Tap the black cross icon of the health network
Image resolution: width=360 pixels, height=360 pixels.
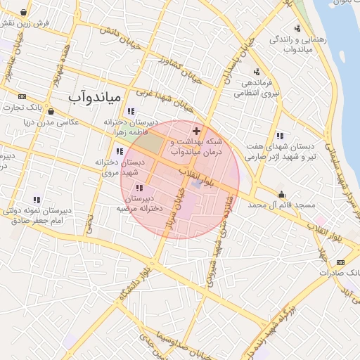click(x=196, y=131)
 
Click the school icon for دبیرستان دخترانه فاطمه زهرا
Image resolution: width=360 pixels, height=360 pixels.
click(x=131, y=110)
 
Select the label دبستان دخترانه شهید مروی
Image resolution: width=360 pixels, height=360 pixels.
click(x=120, y=167)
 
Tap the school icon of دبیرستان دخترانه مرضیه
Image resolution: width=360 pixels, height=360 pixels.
click(x=139, y=188)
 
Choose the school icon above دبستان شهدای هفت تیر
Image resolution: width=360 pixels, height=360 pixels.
click(x=280, y=136)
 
